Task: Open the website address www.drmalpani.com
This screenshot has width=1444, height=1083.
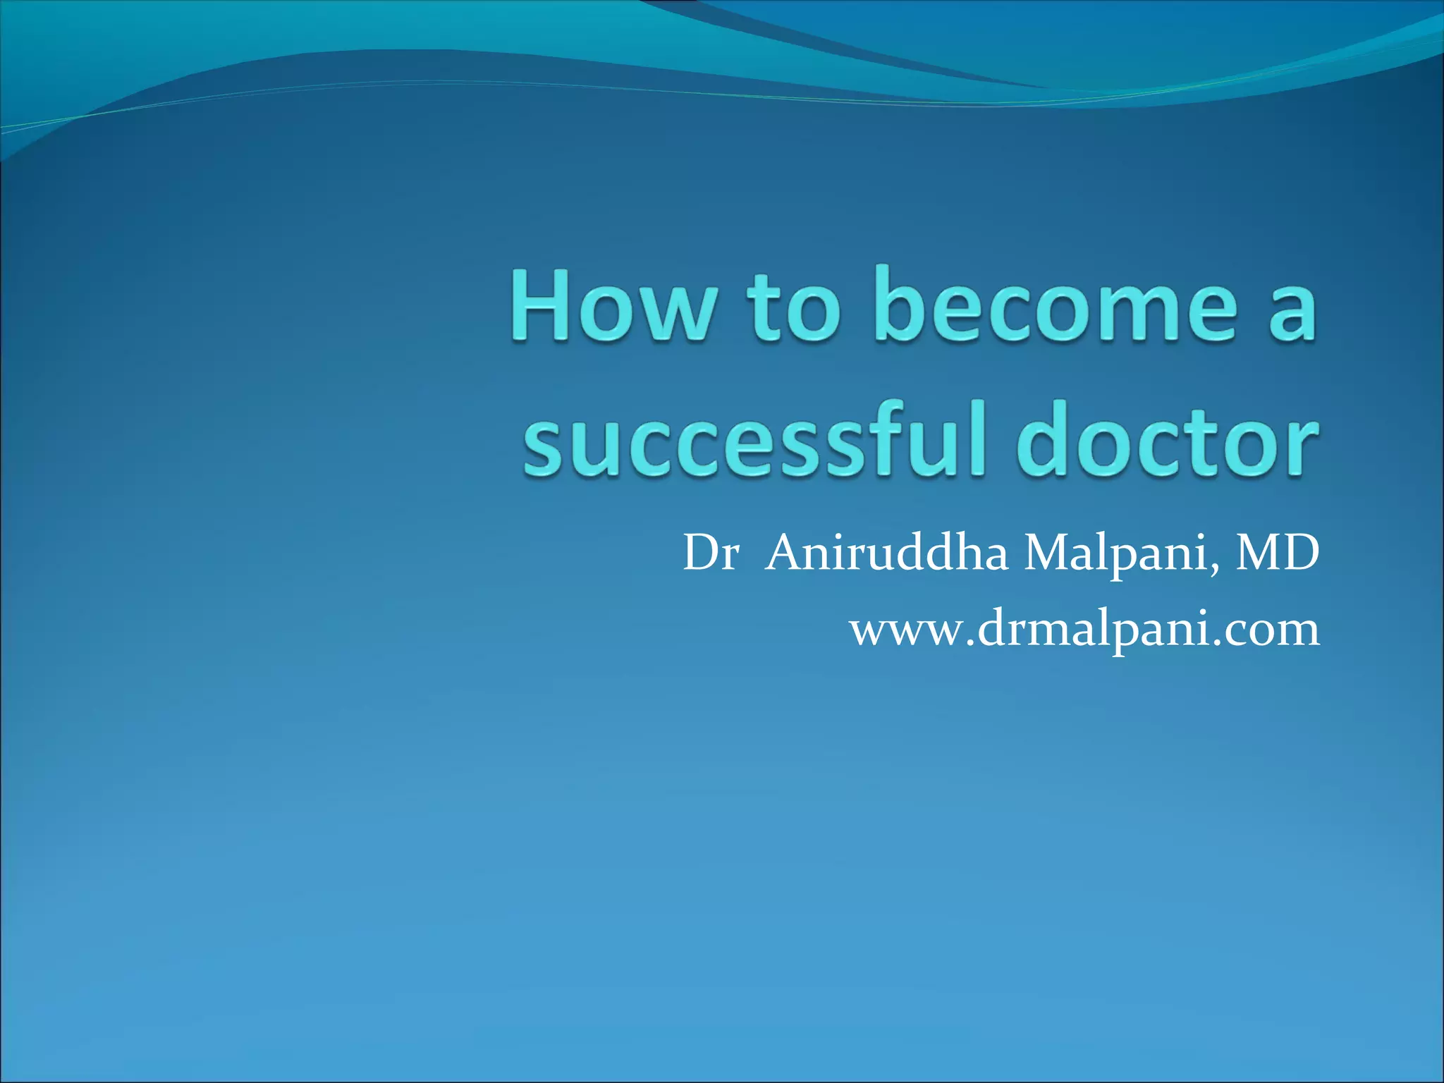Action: point(1084,629)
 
